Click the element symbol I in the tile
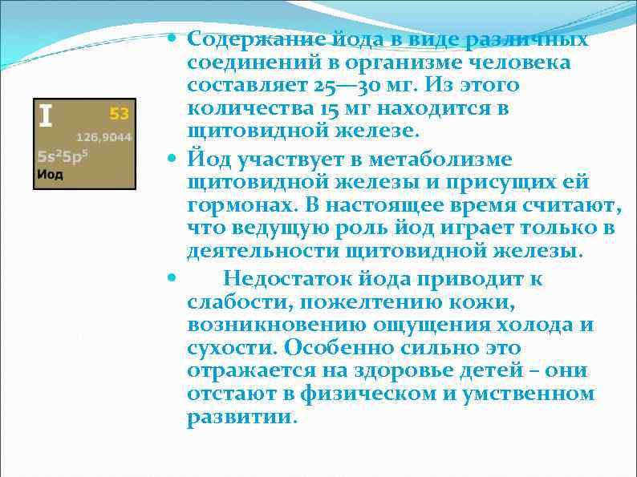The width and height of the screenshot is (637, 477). [x=46, y=117]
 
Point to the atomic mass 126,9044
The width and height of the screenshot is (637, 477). [x=104, y=137]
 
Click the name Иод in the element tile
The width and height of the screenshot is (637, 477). [x=50, y=174]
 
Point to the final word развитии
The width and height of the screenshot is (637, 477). [x=241, y=417]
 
